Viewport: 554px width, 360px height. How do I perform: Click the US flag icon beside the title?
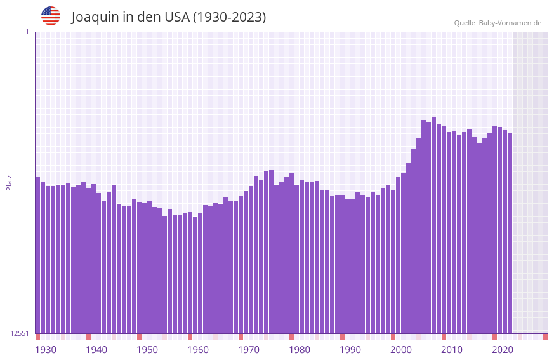coord(51,16)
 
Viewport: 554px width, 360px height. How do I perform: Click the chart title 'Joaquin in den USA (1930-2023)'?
coord(168,17)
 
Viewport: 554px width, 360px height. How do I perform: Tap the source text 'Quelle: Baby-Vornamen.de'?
coord(498,23)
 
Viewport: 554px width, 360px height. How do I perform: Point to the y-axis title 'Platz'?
coord(9,182)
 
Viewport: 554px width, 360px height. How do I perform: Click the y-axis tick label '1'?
coord(27,32)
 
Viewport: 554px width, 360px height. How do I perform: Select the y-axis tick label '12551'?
coord(19,333)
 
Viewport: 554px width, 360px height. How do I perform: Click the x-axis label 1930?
coord(46,350)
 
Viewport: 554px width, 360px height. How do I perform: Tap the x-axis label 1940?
coord(96,350)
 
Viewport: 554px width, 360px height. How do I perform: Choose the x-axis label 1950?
coord(147,350)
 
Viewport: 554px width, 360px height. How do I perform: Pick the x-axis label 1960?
coord(198,350)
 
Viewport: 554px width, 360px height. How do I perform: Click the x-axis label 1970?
coord(249,350)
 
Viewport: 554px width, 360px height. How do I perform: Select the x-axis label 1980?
coord(300,350)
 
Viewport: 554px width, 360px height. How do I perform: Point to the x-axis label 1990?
coord(350,350)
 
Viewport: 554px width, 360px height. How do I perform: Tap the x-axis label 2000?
coord(401,350)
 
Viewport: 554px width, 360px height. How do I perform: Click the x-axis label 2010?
coord(452,350)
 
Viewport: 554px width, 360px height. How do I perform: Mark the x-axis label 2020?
coord(503,350)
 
